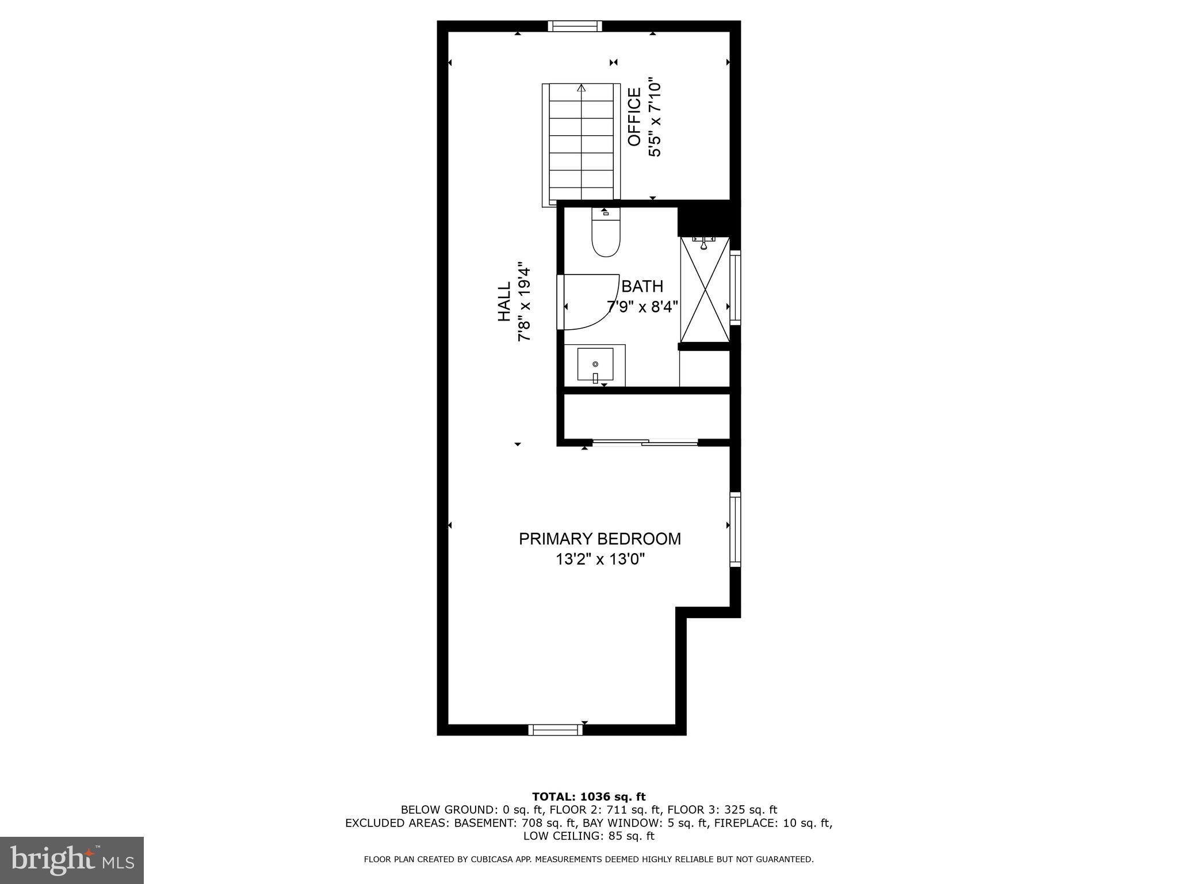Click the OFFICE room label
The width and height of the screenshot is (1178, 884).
(x=634, y=117)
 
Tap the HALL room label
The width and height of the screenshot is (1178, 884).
(x=504, y=302)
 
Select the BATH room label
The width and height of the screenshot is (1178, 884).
(x=642, y=286)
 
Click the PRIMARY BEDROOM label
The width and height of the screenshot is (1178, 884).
(x=599, y=539)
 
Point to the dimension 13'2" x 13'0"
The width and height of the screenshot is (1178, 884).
(x=599, y=559)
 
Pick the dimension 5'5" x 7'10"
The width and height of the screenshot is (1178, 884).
(x=655, y=117)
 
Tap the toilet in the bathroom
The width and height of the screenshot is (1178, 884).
(x=606, y=235)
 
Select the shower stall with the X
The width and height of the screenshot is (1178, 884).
(x=705, y=289)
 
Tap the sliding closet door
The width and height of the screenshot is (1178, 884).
(x=645, y=442)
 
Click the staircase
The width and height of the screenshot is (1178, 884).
(x=581, y=144)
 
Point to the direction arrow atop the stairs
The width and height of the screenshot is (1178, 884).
(x=581, y=89)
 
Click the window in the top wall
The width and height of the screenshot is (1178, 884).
(x=575, y=26)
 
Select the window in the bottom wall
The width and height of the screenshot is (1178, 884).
(x=555, y=730)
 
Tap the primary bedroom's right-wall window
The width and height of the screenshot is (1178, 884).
(x=735, y=529)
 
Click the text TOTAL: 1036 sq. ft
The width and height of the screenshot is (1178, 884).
(x=588, y=797)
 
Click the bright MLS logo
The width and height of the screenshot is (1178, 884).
(x=72, y=860)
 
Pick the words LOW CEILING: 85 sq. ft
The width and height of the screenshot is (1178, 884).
(x=588, y=836)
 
